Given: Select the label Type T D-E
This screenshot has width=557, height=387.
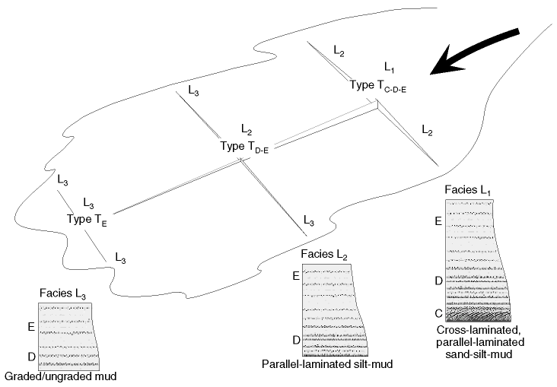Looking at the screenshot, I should click(x=244, y=146).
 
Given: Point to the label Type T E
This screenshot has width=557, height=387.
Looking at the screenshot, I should click(x=88, y=219).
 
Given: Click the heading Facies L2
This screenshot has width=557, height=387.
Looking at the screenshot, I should click(x=326, y=254).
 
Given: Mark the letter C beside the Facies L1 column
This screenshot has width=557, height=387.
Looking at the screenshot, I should click(x=438, y=312).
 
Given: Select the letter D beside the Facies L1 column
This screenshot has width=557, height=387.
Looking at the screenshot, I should click(x=438, y=281).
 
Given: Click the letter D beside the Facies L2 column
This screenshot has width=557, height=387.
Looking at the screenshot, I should click(x=296, y=339).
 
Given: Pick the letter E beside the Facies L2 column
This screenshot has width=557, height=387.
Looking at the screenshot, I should click(x=296, y=275).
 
